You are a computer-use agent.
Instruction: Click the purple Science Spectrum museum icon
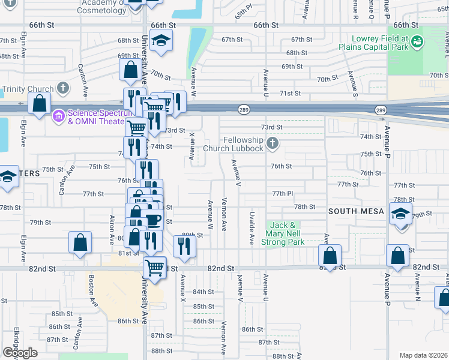click(x=58, y=115)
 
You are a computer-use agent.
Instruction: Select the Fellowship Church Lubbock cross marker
click(x=273, y=143)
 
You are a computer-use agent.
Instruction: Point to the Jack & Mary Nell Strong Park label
click(x=286, y=233)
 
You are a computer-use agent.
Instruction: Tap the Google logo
click(x=19, y=352)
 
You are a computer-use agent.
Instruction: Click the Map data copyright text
click(x=423, y=355)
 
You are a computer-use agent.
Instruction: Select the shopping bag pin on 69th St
click(x=130, y=70)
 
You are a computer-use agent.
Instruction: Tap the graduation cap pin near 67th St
click(x=160, y=41)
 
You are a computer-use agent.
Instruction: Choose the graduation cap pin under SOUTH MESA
click(x=400, y=214)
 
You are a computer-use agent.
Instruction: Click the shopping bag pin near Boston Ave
click(x=80, y=243)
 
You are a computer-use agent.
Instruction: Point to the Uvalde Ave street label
click(x=251, y=228)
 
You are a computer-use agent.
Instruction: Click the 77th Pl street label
click(x=282, y=193)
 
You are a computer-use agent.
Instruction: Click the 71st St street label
click(x=290, y=94)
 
